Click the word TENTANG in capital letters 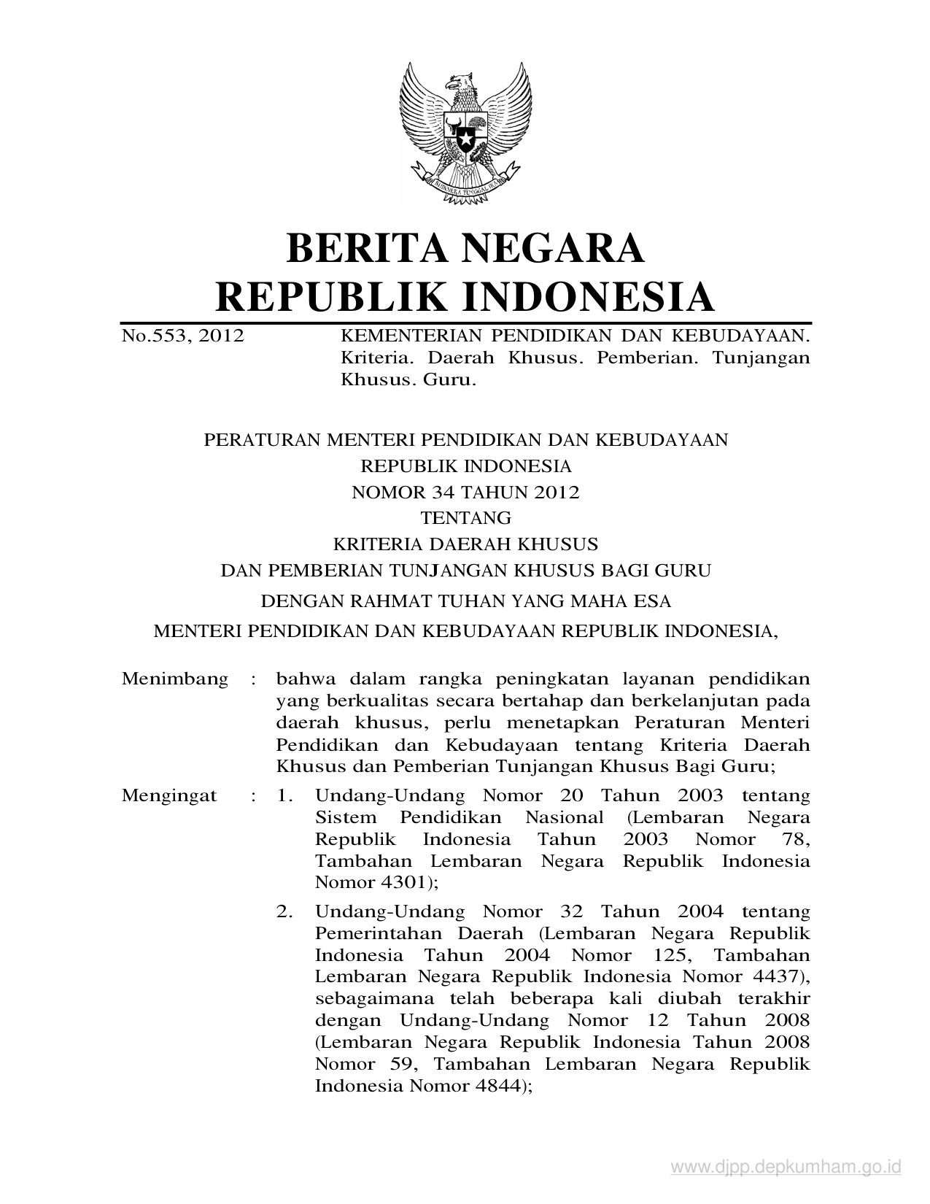(465, 518)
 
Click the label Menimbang (175, 679)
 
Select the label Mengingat (169, 795)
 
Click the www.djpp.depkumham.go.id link (786, 1167)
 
